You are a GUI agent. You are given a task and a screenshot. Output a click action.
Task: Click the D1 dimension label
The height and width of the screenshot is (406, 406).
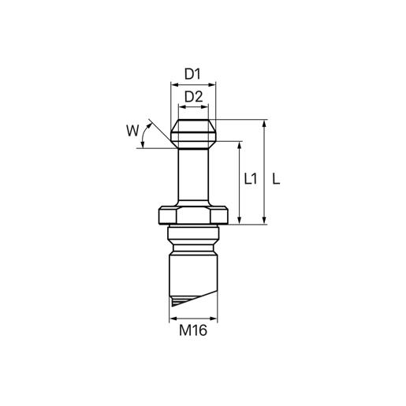tap(194, 74)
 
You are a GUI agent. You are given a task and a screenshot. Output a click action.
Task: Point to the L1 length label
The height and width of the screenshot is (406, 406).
tap(251, 179)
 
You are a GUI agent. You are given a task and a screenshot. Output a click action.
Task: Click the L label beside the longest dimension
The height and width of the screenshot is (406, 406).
tap(276, 179)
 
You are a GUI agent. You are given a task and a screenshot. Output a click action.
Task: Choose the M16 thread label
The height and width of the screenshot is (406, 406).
tap(194, 331)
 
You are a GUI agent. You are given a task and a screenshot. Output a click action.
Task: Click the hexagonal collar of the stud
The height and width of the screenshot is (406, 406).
tap(194, 215)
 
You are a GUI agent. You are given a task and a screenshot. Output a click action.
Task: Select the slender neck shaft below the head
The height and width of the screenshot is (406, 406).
tap(194, 177)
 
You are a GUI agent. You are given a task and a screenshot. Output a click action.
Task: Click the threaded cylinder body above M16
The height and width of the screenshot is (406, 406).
tap(194, 272)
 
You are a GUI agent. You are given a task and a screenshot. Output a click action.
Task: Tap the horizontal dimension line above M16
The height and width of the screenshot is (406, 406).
tap(194, 318)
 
